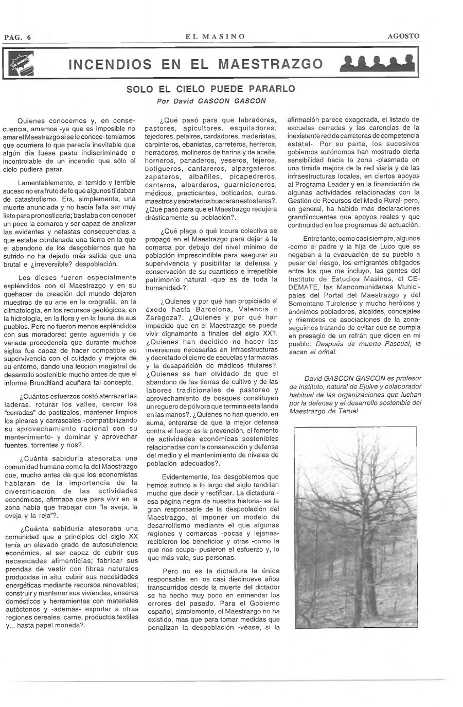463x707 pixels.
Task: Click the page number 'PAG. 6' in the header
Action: [17, 37]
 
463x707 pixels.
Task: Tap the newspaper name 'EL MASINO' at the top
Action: [215, 37]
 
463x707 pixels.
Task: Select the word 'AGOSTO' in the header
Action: [403, 36]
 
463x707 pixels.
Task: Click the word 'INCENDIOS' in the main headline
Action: [110, 64]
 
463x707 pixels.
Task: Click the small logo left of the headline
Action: [24, 64]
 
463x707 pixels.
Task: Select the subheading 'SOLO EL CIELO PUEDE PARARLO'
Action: [211, 89]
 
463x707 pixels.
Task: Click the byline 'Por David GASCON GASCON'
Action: [211, 101]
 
